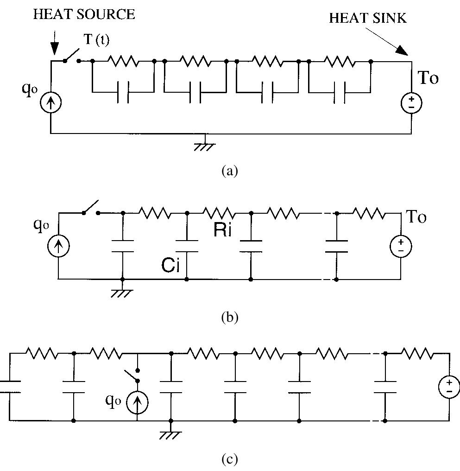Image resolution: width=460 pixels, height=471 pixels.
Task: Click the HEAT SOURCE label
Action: [x=84, y=14]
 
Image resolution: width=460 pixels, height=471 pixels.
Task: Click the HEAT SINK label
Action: [x=367, y=18]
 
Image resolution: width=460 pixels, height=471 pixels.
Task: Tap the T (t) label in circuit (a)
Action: [x=97, y=40]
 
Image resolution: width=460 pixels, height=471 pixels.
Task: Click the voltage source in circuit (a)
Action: [x=411, y=103]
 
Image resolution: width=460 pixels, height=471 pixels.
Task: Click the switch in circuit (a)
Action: [x=71, y=57]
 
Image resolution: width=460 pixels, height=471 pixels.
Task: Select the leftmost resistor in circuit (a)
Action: [x=123, y=61]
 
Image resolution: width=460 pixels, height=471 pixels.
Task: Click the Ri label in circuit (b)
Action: [x=222, y=230]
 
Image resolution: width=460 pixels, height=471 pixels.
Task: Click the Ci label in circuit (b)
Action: [x=170, y=265]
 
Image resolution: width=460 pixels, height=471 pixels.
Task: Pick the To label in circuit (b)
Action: [x=416, y=216]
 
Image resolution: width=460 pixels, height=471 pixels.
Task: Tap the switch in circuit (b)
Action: [x=91, y=209]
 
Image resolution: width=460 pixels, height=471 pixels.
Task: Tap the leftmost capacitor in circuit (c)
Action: [x=8, y=387]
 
